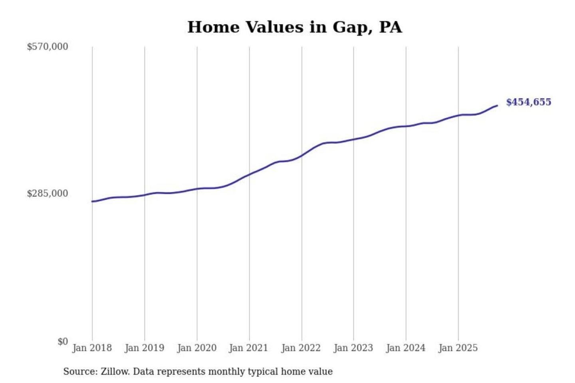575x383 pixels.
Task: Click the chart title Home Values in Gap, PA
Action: coord(295,27)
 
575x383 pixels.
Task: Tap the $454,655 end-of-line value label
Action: coord(528,102)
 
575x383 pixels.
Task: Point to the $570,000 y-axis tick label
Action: coord(48,47)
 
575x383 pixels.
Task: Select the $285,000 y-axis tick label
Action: coord(48,193)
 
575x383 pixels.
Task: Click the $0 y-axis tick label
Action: coord(63,342)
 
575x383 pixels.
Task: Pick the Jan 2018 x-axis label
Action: coord(92,348)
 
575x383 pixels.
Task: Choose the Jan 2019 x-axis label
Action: coord(144,348)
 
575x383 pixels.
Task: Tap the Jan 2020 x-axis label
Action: coord(196,348)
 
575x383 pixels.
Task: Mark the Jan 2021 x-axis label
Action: coord(248,348)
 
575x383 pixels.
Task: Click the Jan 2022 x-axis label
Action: coord(301,348)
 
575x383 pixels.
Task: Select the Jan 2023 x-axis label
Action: coord(353,348)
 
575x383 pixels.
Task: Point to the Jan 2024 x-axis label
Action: coord(405,348)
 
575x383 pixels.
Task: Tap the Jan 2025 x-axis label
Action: coord(458,348)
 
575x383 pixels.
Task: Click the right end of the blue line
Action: coord(497,106)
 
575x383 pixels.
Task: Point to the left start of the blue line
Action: coord(92,201)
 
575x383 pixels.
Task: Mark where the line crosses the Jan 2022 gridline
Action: coord(302,155)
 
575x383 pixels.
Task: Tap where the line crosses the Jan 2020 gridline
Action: coord(197,189)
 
